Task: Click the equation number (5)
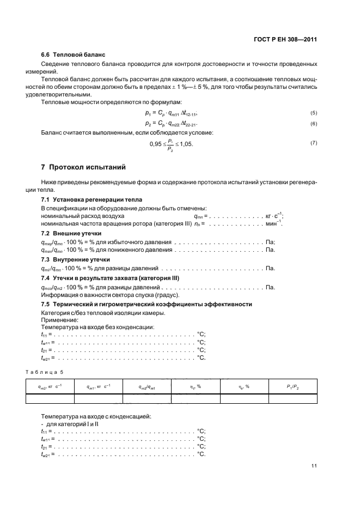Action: pos(313,113)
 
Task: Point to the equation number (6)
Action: pos(313,124)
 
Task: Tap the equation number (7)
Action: pos(313,143)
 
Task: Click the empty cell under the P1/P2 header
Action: pos(292,398)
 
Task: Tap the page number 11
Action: pos(314,465)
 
